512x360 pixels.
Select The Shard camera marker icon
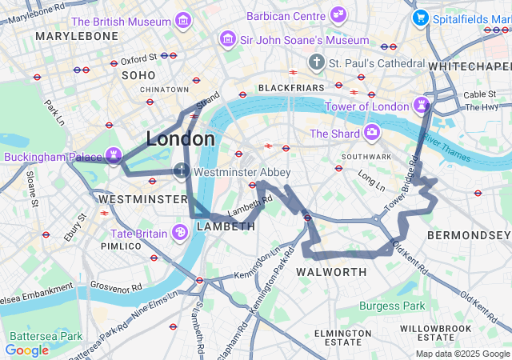(x=371, y=132)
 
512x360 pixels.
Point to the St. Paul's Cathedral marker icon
(x=317, y=62)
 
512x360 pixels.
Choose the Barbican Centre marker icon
(x=338, y=14)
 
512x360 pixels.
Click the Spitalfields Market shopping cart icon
(x=419, y=18)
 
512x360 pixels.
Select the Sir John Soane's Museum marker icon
(x=228, y=38)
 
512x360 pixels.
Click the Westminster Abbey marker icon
(x=182, y=170)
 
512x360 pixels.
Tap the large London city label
(x=180, y=139)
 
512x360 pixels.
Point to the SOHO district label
(x=138, y=74)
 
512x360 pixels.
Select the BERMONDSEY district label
(x=468, y=235)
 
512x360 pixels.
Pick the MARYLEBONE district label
(x=66, y=37)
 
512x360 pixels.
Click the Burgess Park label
(x=392, y=306)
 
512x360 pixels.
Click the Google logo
(x=26, y=350)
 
